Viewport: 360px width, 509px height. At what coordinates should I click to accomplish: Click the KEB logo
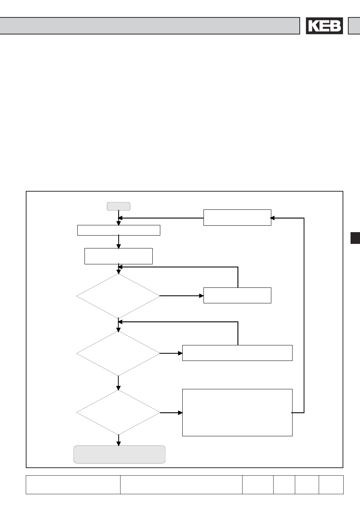pyautogui.click(x=324, y=26)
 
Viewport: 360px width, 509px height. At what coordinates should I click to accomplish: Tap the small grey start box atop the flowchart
pyautogui.click(x=119, y=206)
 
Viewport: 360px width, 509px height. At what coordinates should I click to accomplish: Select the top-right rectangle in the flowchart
pyautogui.click(x=237, y=217)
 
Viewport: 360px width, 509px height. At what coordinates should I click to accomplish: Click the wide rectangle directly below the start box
pyautogui.click(x=119, y=230)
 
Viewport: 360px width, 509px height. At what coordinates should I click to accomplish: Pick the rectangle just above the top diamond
pyautogui.click(x=119, y=256)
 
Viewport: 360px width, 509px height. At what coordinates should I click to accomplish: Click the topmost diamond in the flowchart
pyautogui.click(x=118, y=296)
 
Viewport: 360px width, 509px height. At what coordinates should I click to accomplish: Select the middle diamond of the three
pyautogui.click(x=118, y=353)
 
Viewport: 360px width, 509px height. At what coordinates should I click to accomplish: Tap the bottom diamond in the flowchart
pyautogui.click(x=118, y=412)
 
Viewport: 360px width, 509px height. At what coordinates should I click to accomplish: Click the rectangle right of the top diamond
pyautogui.click(x=237, y=295)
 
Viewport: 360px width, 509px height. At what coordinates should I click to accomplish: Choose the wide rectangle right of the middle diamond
pyautogui.click(x=237, y=353)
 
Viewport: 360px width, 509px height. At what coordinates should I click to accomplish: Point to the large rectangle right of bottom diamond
pyautogui.click(x=237, y=412)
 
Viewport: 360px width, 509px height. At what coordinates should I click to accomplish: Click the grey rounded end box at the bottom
pyautogui.click(x=119, y=454)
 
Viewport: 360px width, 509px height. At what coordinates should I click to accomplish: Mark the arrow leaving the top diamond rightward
pyautogui.click(x=182, y=296)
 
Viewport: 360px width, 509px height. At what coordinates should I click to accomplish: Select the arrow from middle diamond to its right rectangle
pyautogui.click(x=171, y=353)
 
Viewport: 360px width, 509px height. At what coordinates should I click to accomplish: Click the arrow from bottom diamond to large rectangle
pyautogui.click(x=171, y=412)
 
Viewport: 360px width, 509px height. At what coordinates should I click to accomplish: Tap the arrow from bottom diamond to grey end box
pyautogui.click(x=119, y=440)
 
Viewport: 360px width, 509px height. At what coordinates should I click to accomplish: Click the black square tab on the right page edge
pyautogui.click(x=355, y=238)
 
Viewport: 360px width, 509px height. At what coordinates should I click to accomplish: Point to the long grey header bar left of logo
pyautogui.click(x=150, y=26)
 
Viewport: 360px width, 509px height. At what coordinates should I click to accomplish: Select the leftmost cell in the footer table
pyautogui.click(x=73, y=485)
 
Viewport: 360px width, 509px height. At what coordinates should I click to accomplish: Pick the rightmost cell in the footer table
pyautogui.click(x=331, y=485)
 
